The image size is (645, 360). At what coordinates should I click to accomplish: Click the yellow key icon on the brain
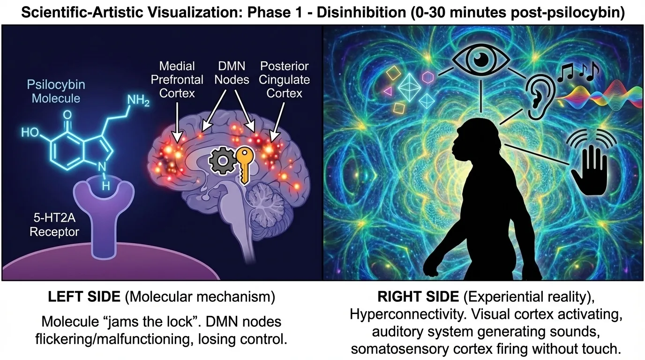click(x=245, y=164)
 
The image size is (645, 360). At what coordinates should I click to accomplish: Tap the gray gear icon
click(x=222, y=161)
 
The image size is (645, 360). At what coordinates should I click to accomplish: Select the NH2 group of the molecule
click(x=138, y=100)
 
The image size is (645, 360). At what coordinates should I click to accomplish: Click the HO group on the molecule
click(x=30, y=132)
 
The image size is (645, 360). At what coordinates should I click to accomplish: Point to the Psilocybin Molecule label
click(x=56, y=91)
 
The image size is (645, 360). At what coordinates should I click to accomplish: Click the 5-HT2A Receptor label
click(x=54, y=225)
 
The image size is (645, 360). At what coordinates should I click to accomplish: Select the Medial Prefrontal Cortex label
click(x=177, y=80)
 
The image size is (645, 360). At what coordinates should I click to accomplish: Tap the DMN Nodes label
click(x=232, y=73)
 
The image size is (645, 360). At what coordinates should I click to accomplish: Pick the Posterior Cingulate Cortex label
click(x=284, y=80)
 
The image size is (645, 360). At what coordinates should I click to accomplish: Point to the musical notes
click(x=578, y=72)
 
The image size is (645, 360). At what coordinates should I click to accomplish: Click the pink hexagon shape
click(x=428, y=77)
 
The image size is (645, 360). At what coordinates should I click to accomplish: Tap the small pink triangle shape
click(x=388, y=91)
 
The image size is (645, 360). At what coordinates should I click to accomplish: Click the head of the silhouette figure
click(x=471, y=138)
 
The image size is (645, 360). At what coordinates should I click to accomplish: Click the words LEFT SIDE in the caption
click(x=84, y=297)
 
